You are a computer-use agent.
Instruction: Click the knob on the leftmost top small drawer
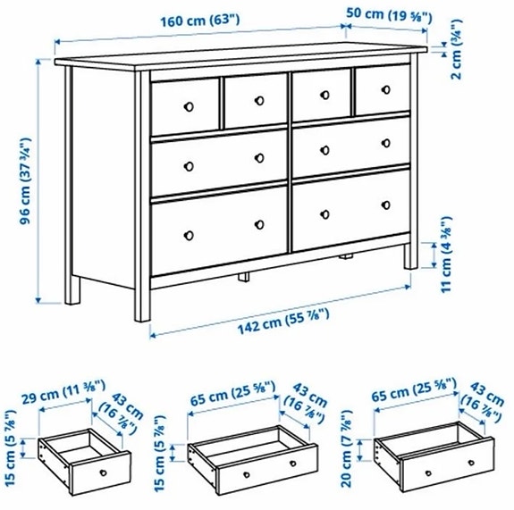(x=188, y=106)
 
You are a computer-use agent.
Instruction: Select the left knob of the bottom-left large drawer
(x=189, y=235)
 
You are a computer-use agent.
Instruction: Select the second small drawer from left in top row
(x=254, y=101)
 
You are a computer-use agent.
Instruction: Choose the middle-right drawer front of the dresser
(x=351, y=146)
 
